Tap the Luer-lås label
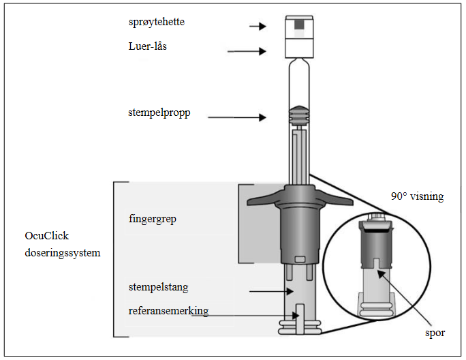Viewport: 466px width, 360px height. click(x=147, y=47)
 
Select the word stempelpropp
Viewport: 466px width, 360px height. click(x=159, y=112)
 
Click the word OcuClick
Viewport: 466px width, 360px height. click(x=46, y=238)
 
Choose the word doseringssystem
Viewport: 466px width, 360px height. click(x=62, y=253)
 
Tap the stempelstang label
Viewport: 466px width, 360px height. click(x=158, y=286)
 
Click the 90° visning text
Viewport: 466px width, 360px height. click(x=418, y=196)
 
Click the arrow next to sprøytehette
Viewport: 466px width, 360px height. click(x=257, y=27)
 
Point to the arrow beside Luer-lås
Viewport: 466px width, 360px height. click(x=246, y=51)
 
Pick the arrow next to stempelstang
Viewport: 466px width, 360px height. click(x=267, y=291)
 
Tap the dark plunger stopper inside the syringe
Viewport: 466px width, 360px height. click(x=298, y=115)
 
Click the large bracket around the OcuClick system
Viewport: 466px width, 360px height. click(x=114, y=259)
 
